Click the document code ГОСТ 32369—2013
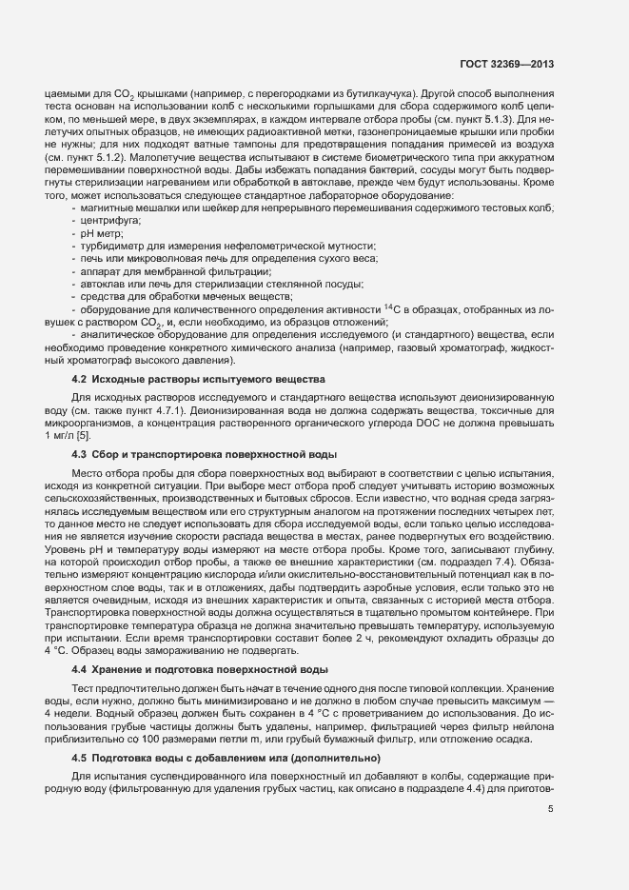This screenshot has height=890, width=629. (x=513, y=65)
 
